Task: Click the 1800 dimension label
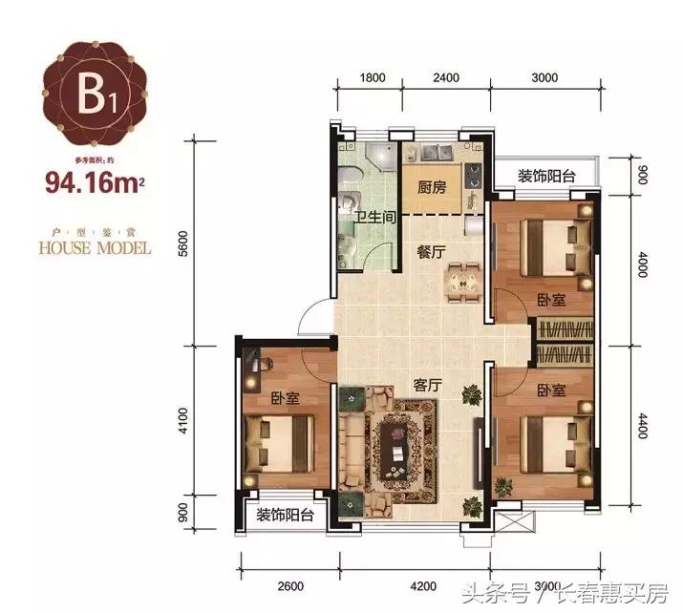pos(374,77)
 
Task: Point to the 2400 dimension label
pos(446,77)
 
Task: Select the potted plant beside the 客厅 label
pos(471,392)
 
